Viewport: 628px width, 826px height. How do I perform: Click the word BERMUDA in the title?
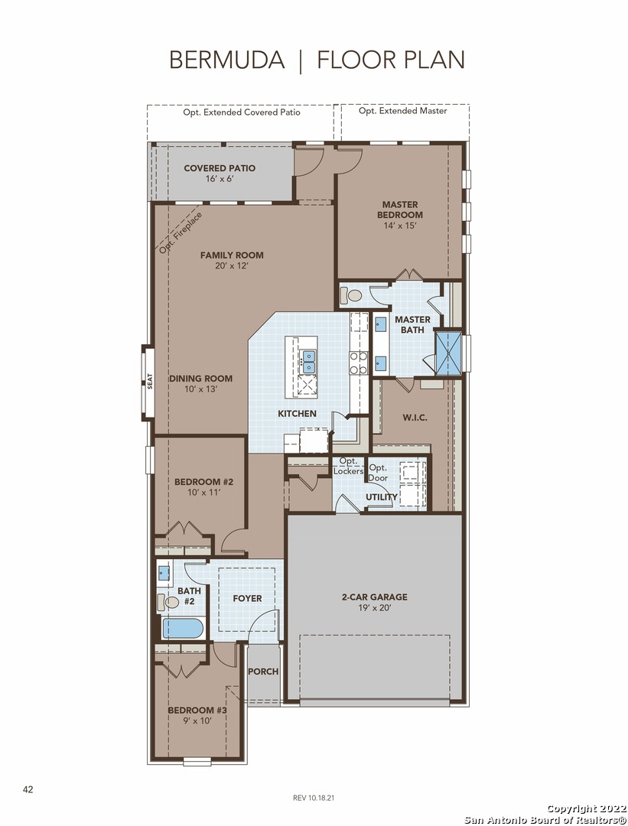226,60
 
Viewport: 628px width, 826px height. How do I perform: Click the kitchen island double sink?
307,363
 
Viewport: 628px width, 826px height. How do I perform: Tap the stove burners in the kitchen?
358,363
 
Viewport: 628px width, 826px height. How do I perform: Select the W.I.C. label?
415,418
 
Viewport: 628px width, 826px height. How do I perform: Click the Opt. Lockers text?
349,467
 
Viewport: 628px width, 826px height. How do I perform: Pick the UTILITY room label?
382,497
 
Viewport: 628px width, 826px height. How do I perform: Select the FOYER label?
247,598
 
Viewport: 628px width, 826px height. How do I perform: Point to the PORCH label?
263,672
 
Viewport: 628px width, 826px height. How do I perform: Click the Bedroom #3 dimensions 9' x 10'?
197,720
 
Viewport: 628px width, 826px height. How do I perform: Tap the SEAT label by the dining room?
150,381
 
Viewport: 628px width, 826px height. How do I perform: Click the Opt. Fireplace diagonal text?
181,233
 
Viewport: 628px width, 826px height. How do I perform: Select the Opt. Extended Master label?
403,111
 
